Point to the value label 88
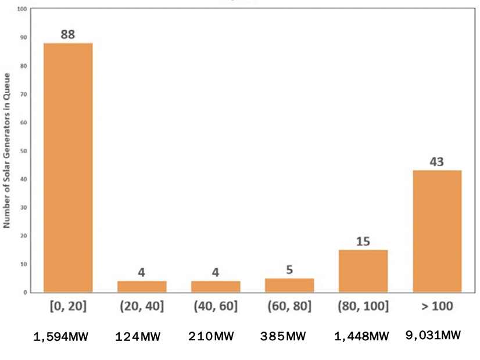pos(68,34)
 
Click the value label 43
pos(436,161)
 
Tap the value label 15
pos(363,241)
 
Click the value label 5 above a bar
pos(289,269)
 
